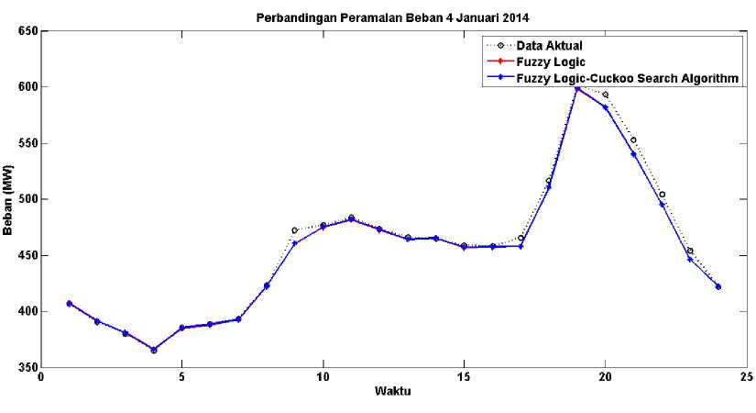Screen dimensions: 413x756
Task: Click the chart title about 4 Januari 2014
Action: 393,17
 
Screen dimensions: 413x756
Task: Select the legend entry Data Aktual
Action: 549,45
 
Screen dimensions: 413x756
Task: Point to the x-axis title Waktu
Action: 393,392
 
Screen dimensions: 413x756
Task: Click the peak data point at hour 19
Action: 577,88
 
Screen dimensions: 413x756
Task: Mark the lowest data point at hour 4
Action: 154,350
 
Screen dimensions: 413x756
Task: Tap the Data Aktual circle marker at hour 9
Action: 295,230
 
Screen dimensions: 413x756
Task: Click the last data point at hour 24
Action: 718,286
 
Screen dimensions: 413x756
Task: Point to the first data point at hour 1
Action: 70,303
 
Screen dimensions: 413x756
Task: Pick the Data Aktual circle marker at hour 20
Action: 606,95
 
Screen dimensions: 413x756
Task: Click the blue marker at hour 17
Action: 520,246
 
